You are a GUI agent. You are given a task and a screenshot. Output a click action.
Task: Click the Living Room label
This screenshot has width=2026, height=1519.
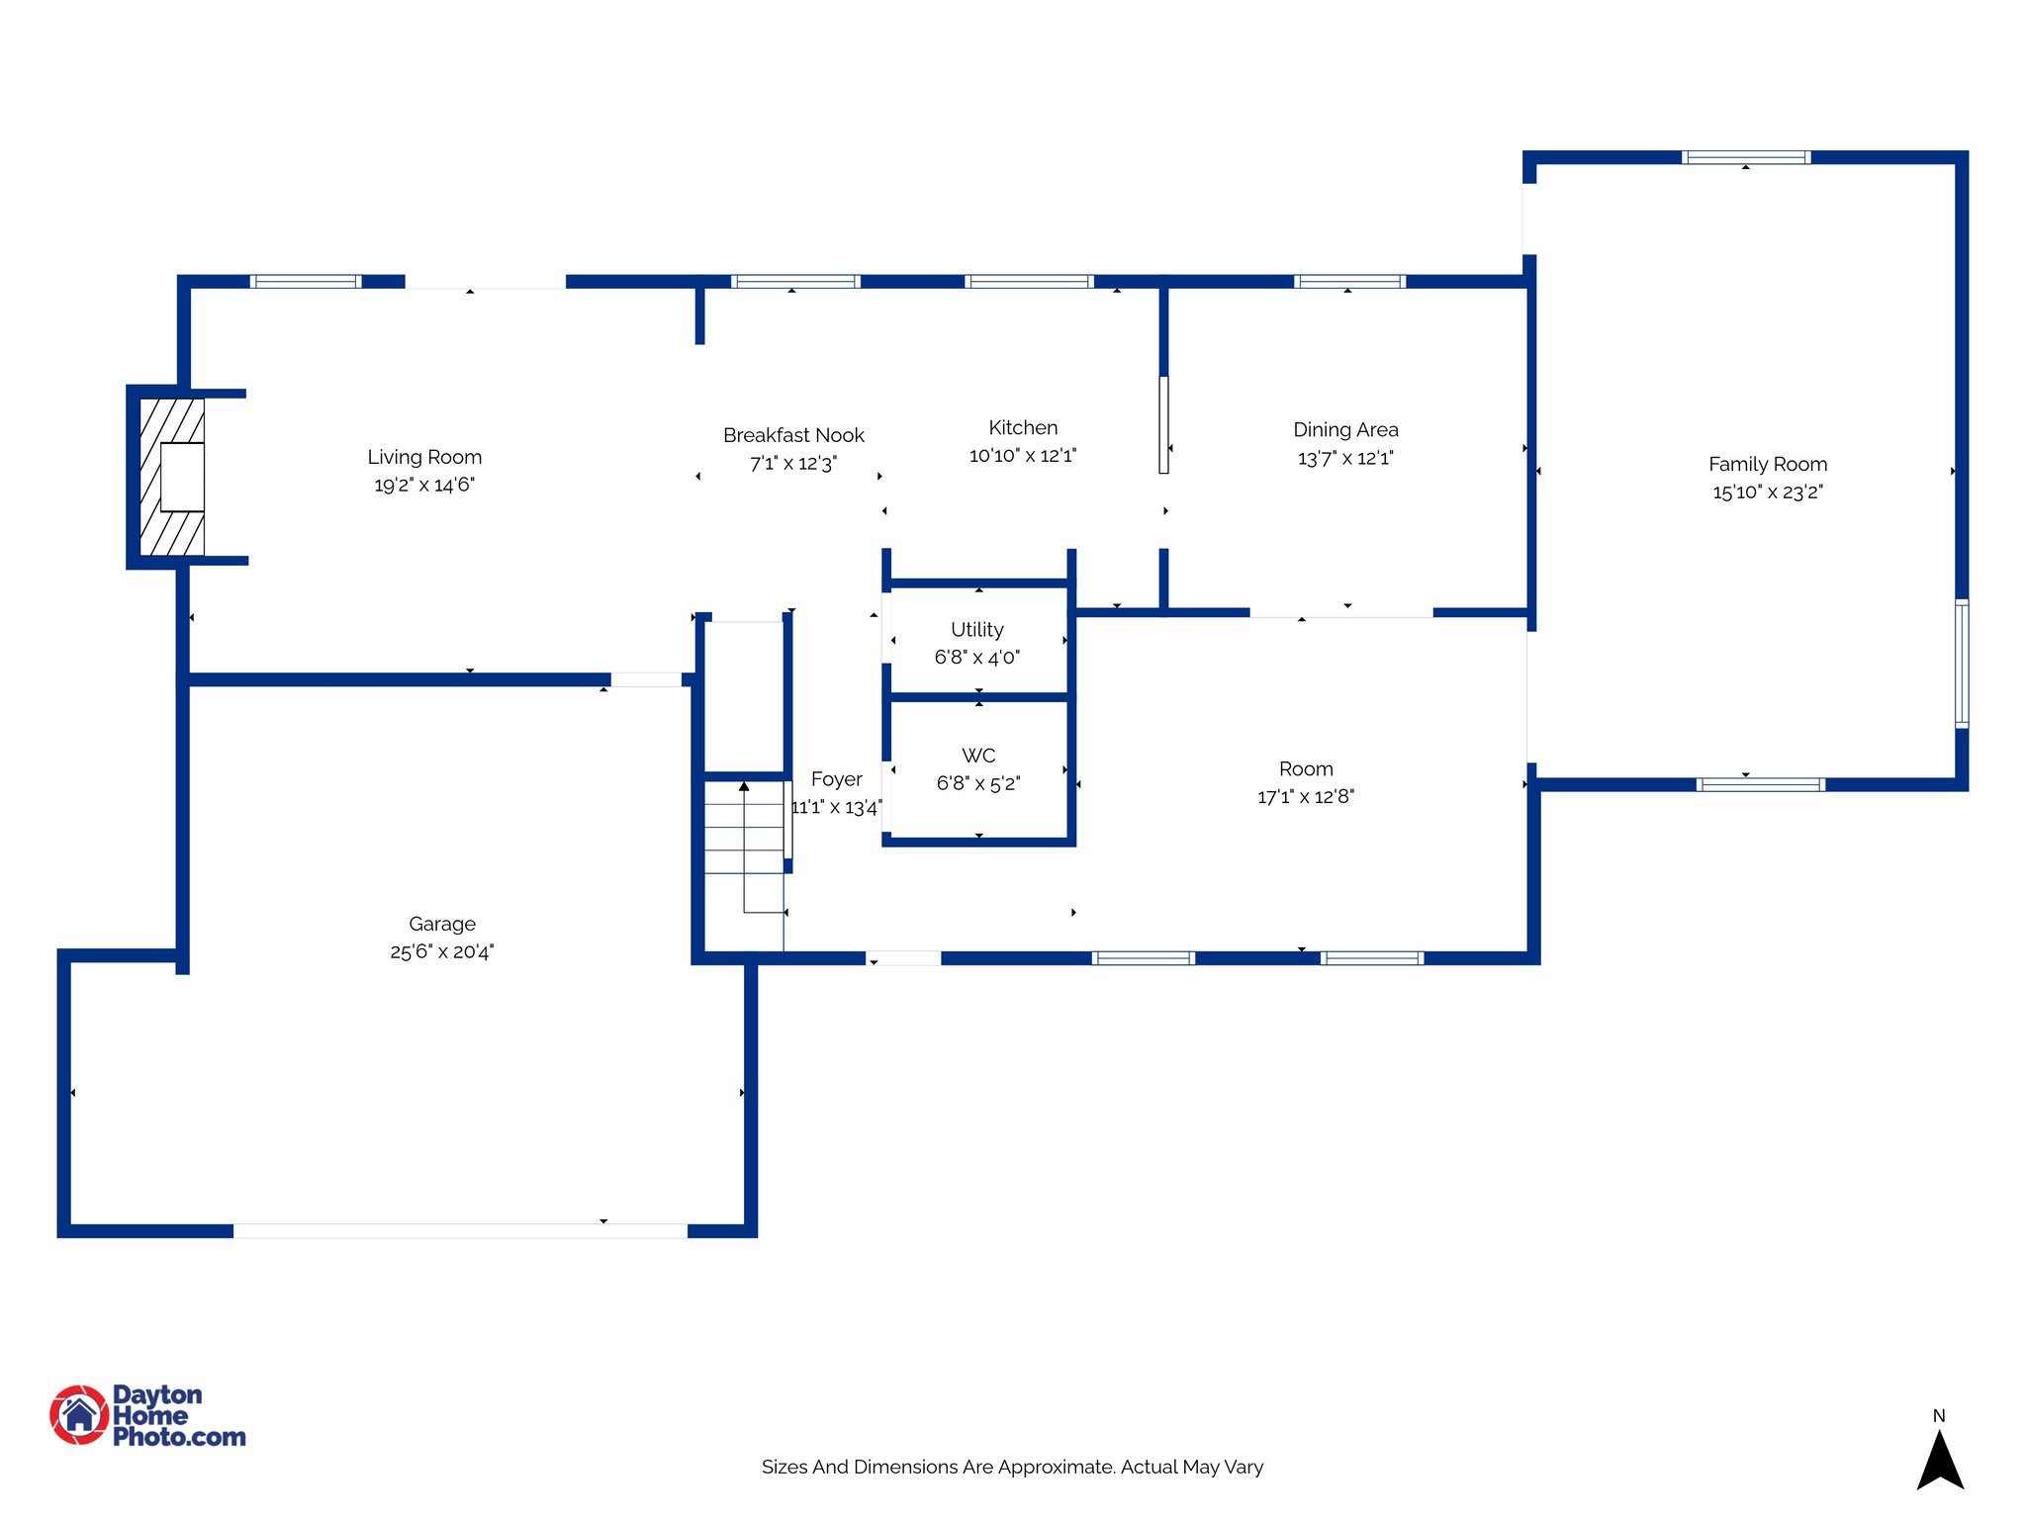(x=424, y=457)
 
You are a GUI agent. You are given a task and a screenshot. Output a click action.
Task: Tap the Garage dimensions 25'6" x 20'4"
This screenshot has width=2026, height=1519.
(x=441, y=951)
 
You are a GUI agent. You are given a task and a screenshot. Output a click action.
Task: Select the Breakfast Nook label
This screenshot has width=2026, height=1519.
(x=793, y=435)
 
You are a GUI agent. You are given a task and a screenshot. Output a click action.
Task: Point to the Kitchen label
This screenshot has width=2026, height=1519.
(x=1023, y=427)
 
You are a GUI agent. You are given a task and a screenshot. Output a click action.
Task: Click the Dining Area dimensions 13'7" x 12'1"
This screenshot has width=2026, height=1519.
(x=1345, y=458)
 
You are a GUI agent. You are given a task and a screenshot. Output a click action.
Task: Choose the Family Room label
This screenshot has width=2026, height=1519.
(x=1768, y=464)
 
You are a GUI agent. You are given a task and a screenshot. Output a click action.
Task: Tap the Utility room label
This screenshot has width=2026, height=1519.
(x=977, y=629)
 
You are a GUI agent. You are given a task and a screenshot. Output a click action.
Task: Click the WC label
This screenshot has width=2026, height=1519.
(x=978, y=756)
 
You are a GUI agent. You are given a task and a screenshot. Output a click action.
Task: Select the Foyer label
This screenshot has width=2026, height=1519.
(x=836, y=779)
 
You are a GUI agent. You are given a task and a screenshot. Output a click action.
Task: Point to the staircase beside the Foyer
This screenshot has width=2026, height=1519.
(x=744, y=841)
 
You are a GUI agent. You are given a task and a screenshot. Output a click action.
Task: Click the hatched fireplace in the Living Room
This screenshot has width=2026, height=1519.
(x=172, y=477)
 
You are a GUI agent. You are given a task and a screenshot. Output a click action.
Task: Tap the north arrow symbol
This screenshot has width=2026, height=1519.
(x=1940, y=1462)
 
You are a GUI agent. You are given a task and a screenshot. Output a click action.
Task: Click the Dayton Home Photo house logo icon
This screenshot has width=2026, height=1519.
(x=79, y=1414)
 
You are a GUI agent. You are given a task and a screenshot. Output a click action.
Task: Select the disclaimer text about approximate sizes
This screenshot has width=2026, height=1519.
(x=1012, y=1467)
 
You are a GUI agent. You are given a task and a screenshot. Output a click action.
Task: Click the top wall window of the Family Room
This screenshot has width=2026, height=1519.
(x=1746, y=156)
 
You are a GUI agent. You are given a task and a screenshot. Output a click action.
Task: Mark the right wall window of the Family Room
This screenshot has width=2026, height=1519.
(x=1962, y=663)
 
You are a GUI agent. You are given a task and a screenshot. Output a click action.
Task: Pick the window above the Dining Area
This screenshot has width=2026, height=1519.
(x=1349, y=282)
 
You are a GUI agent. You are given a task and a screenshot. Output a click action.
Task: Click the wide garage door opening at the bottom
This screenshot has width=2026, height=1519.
(x=460, y=1230)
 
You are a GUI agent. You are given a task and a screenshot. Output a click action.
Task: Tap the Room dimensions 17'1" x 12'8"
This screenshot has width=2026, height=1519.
(x=1306, y=797)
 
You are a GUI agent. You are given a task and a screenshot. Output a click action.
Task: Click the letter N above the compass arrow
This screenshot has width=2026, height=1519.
(x=1939, y=1415)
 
